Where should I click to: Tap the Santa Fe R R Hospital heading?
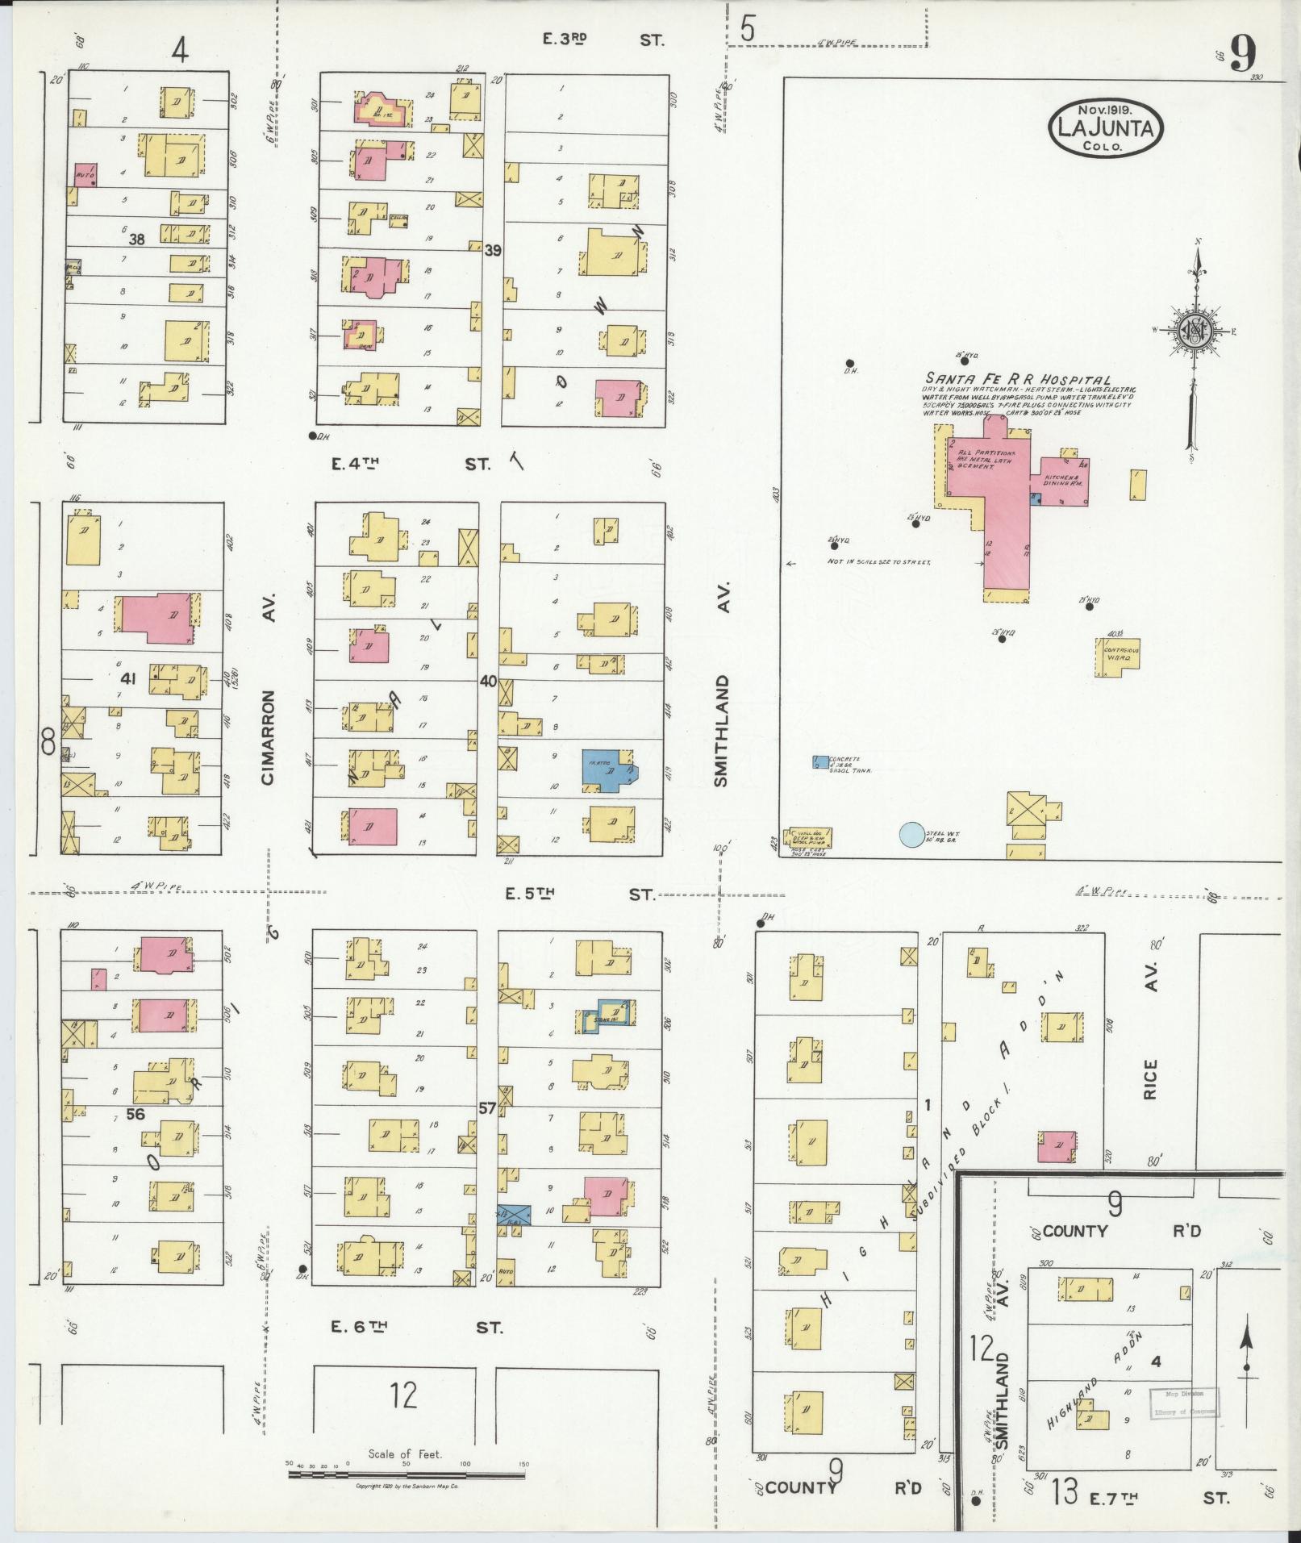(x=1017, y=380)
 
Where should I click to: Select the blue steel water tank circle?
(x=911, y=834)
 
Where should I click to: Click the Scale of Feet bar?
(x=407, y=1474)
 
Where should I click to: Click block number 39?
(x=492, y=251)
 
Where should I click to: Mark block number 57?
(x=487, y=1108)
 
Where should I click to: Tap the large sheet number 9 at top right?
(x=1242, y=56)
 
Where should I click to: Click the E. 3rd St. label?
(x=601, y=39)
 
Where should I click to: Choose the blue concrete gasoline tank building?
(x=820, y=761)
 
